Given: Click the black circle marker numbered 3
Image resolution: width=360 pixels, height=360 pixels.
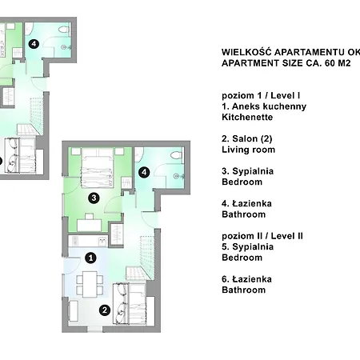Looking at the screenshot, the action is point(94,198).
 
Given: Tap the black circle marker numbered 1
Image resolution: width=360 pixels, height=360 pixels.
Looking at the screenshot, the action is point(90,258).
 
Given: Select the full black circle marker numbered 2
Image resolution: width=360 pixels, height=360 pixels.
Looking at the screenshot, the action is point(105,310).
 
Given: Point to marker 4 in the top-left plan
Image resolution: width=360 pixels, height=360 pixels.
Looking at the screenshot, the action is point(34,44).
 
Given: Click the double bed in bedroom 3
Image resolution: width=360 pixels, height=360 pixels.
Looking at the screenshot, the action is point(98,168).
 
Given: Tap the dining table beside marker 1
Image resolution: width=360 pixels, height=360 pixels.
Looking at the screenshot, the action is point(90,284).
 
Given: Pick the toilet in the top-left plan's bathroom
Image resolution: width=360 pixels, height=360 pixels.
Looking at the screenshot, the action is point(64,30).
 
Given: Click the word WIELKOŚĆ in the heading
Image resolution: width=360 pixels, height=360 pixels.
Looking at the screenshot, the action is point(246,52).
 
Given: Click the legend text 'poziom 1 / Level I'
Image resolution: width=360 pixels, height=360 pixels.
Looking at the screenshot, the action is point(261,95).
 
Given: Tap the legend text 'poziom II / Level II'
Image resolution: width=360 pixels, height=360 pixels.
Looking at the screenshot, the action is point(262,236).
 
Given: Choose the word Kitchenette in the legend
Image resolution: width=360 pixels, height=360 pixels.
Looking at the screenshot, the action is point(247,117).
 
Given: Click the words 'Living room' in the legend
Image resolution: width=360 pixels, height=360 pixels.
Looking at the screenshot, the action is point(248,150).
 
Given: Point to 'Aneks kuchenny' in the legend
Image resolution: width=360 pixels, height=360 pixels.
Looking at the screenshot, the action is point(269,106).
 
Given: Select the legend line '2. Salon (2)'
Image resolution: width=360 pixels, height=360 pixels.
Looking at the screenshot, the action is point(247,138).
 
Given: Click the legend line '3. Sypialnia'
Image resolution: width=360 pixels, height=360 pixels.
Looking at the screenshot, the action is point(247,171).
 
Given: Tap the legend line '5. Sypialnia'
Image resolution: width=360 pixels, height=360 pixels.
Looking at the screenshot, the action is point(247,247).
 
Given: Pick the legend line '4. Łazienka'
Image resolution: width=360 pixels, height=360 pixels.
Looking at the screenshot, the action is point(246,204).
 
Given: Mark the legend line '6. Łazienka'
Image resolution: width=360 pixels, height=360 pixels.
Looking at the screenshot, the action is point(246,279).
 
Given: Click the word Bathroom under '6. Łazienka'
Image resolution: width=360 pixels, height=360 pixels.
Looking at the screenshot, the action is point(243,290).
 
